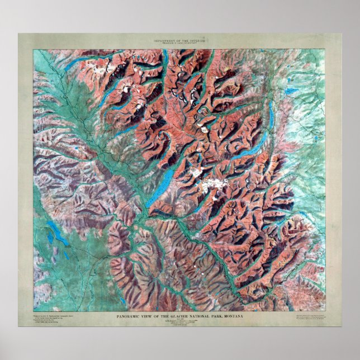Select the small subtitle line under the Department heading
pos(180,45)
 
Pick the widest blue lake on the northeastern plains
pos(291,90)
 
